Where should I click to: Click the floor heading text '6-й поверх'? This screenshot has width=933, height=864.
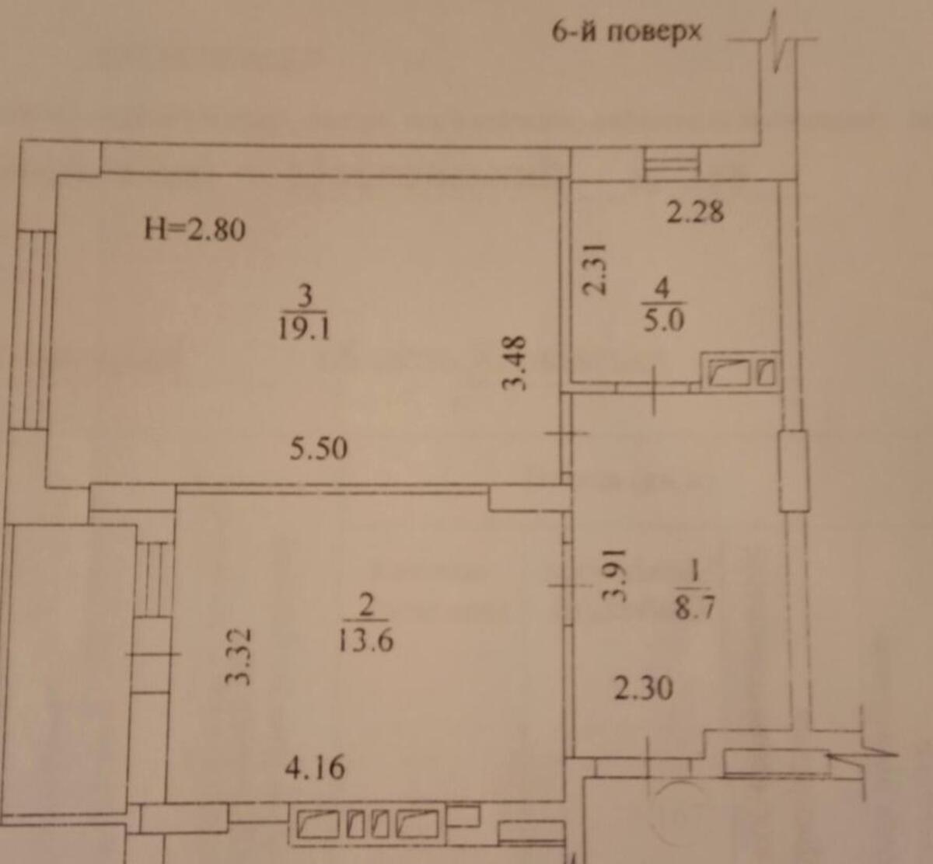tap(626, 33)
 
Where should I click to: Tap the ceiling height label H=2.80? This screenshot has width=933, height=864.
tap(195, 231)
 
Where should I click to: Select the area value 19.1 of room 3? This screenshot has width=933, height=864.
tap(305, 327)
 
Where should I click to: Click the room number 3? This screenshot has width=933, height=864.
tap(306, 297)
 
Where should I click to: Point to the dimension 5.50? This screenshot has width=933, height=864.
tap(319, 448)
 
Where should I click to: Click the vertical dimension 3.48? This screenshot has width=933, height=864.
tap(514, 363)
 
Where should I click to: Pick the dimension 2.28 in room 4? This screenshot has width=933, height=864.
tap(696, 212)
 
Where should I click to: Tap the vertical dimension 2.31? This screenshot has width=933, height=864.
tap(594, 269)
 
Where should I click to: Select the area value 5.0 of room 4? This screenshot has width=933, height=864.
tap(663, 321)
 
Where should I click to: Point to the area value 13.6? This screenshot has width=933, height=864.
tap(365, 640)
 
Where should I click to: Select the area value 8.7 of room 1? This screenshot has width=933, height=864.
tap(695, 608)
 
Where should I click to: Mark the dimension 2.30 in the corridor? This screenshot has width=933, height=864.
tap(644, 689)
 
